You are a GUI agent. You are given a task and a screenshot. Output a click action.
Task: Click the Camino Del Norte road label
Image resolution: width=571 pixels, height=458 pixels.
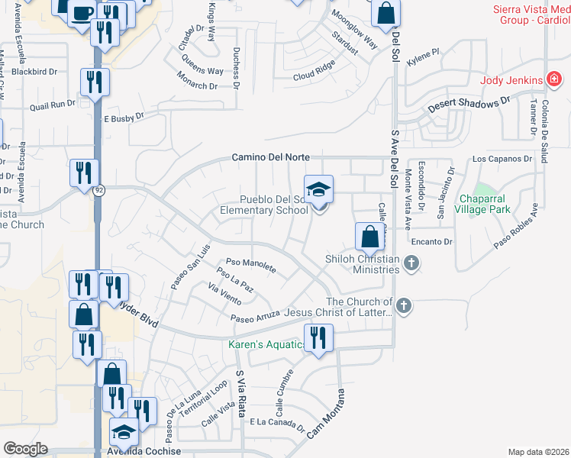[x=271, y=157]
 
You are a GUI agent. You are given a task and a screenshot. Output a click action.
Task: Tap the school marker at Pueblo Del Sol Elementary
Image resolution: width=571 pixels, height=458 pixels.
[x=319, y=189]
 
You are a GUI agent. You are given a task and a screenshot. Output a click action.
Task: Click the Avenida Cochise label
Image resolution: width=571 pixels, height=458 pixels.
[x=145, y=450]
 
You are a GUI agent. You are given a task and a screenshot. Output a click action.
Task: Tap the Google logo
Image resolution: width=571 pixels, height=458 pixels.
[x=25, y=449]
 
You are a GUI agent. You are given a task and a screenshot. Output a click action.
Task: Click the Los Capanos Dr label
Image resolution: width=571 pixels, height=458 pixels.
[x=501, y=159]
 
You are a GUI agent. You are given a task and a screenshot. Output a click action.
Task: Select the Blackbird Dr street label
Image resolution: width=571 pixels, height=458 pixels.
[x=34, y=72]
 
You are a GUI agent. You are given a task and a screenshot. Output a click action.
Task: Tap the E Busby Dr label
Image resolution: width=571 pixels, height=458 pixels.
[x=123, y=117]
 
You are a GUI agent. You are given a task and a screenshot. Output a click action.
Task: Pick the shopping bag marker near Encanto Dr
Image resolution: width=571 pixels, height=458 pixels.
[x=369, y=237]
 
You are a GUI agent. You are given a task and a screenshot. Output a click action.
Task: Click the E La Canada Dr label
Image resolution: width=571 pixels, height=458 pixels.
[x=276, y=421]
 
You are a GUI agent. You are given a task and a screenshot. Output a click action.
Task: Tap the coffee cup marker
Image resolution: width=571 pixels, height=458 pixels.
[x=82, y=13]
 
